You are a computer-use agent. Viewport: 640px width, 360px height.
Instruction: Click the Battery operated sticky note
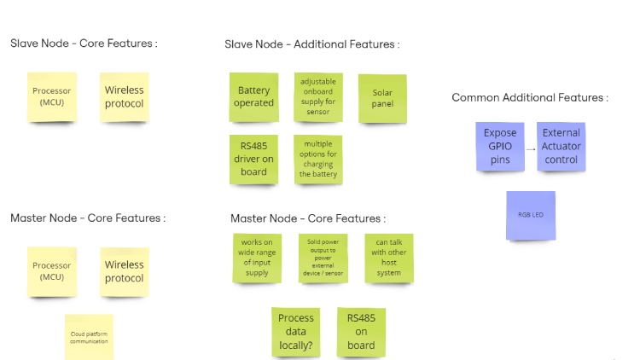click(x=254, y=96)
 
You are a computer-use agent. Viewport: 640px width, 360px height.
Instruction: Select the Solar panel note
click(x=382, y=97)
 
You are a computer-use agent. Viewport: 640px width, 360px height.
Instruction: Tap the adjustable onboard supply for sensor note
click(x=318, y=96)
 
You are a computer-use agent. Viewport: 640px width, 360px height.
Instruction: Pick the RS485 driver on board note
click(x=254, y=159)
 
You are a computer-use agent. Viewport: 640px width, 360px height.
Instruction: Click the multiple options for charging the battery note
click(x=318, y=159)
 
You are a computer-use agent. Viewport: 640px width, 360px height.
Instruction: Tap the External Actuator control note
click(x=561, y=147)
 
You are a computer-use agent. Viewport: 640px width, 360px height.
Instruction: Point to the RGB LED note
click(x=531, y=215)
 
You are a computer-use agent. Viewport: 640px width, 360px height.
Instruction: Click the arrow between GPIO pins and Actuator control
click(x=531, y=148)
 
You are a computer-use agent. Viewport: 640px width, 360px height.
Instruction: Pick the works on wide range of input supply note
click(x=257, y=258)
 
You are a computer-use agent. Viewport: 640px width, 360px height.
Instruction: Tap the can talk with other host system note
click(x=389, y=258)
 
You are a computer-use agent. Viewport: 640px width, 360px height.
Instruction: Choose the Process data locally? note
click(x=296, y=331)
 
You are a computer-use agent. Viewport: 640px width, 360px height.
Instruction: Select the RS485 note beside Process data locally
click(x=361, y=331)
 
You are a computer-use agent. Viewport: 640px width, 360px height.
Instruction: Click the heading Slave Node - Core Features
click(x=84, y=44)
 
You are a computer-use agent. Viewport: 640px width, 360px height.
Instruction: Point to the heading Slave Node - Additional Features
click(x=311, y=44)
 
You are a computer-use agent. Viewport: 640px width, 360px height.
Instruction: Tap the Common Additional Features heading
click(x=529, y=98)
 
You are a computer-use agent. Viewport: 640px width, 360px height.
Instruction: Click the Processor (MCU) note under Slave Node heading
click(x=52, y=96)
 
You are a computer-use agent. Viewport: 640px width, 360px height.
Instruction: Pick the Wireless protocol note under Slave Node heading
click(x=125, y=96)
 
